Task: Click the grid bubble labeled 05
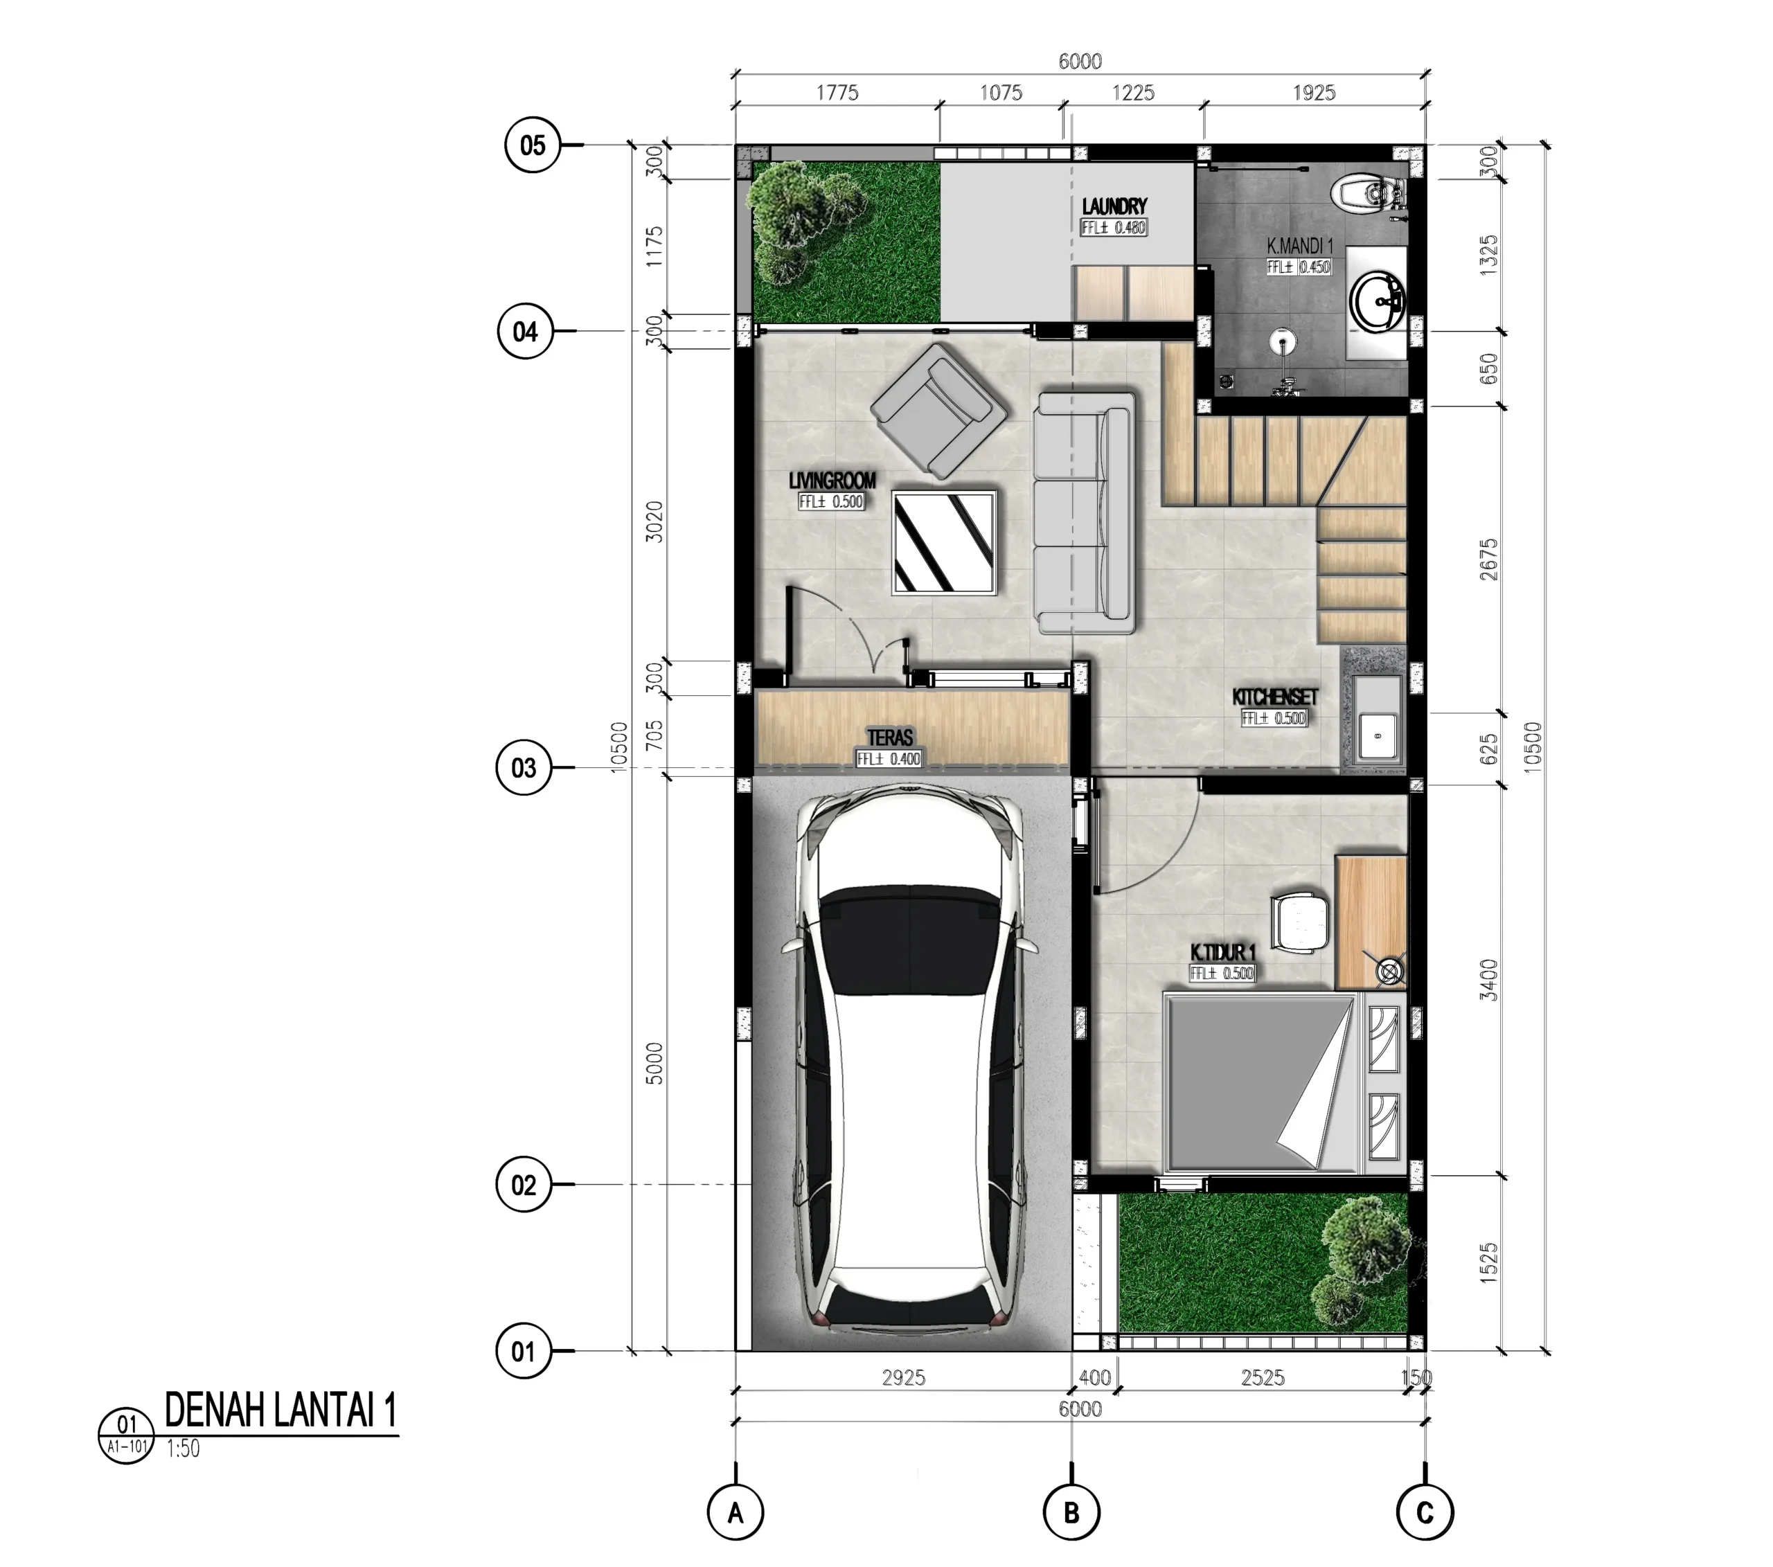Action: point(533,145)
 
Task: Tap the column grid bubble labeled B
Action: point(1071,1513)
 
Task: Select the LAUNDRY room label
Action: point(1114,206)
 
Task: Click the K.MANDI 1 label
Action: point(1299,247)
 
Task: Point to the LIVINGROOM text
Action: point(832,481)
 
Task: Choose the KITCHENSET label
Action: point(1275,697)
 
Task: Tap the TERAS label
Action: point(890,737)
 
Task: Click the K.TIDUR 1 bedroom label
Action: point(1223,952)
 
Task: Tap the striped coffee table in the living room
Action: point(944,542)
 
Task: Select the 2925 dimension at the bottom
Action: point(904,1377)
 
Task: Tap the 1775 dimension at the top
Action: point(837,93)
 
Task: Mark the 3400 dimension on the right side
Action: point(1488,980)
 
